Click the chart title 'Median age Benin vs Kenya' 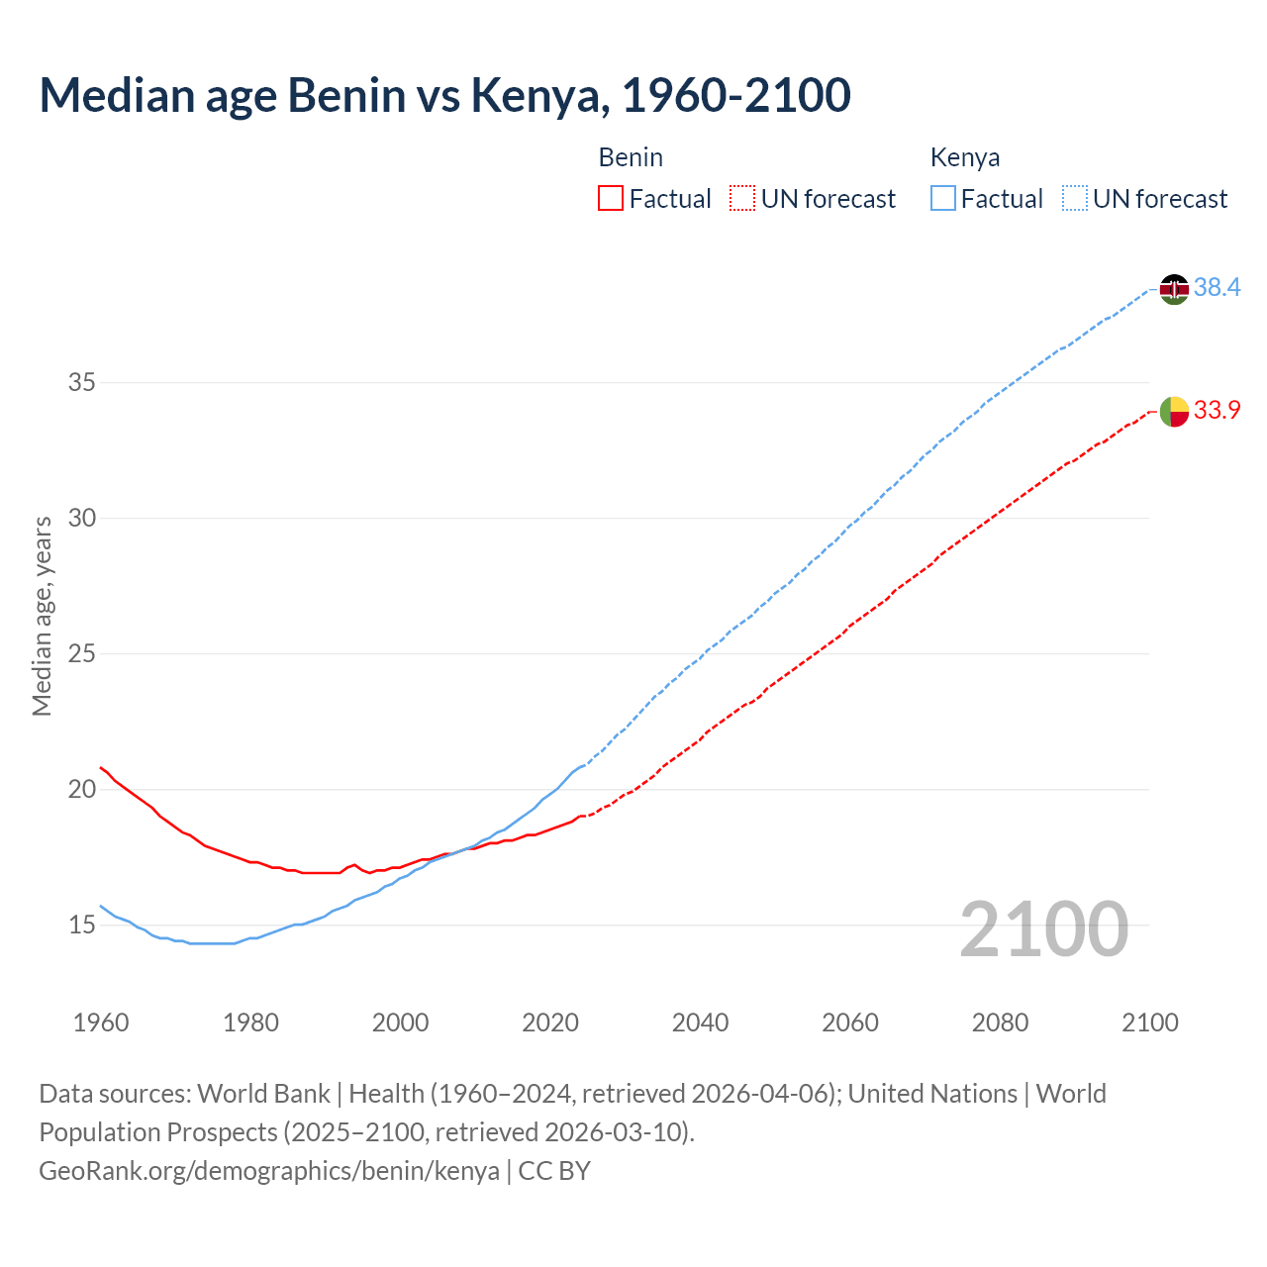444,95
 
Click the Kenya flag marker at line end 1174,289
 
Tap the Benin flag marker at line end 1174,411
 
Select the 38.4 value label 1217,288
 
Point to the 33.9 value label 1217,410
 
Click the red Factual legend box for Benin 611,199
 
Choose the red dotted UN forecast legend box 742,199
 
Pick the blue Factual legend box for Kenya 943,199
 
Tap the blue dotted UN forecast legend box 1075,199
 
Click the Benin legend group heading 631,157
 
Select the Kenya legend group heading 965,157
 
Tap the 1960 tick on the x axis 101,1023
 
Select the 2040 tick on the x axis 700,1023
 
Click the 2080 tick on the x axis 1000,1023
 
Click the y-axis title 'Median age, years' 42,616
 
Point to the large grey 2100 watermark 1044,929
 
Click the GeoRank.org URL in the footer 269,1171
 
